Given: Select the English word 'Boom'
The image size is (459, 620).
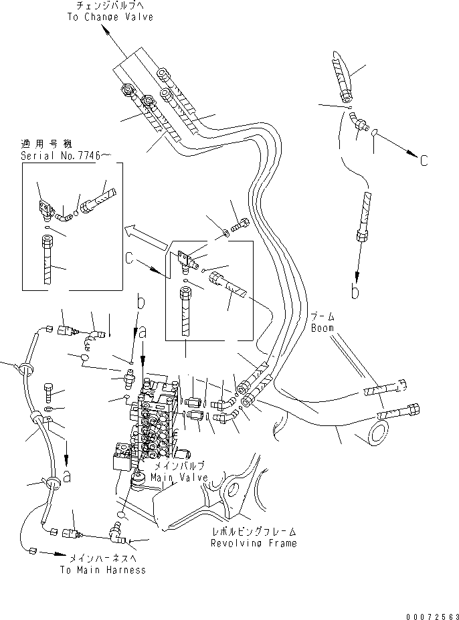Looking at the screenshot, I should point(322,328).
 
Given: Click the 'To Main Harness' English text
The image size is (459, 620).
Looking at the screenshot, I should point(102,570).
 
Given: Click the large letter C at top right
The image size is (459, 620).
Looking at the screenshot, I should point(424,160).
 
